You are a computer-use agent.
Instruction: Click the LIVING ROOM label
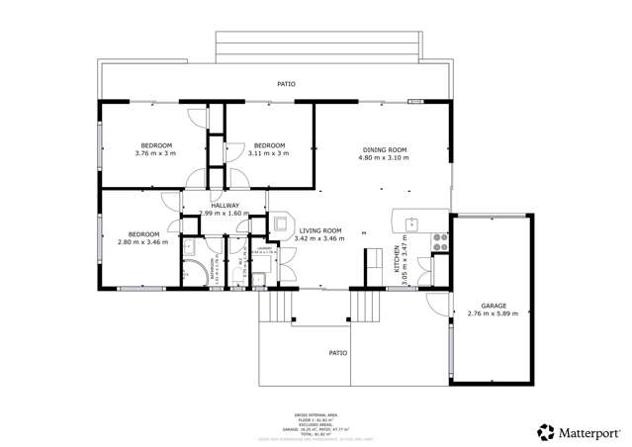click(320, 230)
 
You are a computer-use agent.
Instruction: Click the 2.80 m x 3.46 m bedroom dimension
click(142, 241)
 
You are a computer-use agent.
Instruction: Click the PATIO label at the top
click(286, 84)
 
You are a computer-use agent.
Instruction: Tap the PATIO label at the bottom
click(338, 351)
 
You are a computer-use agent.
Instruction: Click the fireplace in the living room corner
click(281, 223)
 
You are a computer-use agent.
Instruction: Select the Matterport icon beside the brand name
click(545, 431)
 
